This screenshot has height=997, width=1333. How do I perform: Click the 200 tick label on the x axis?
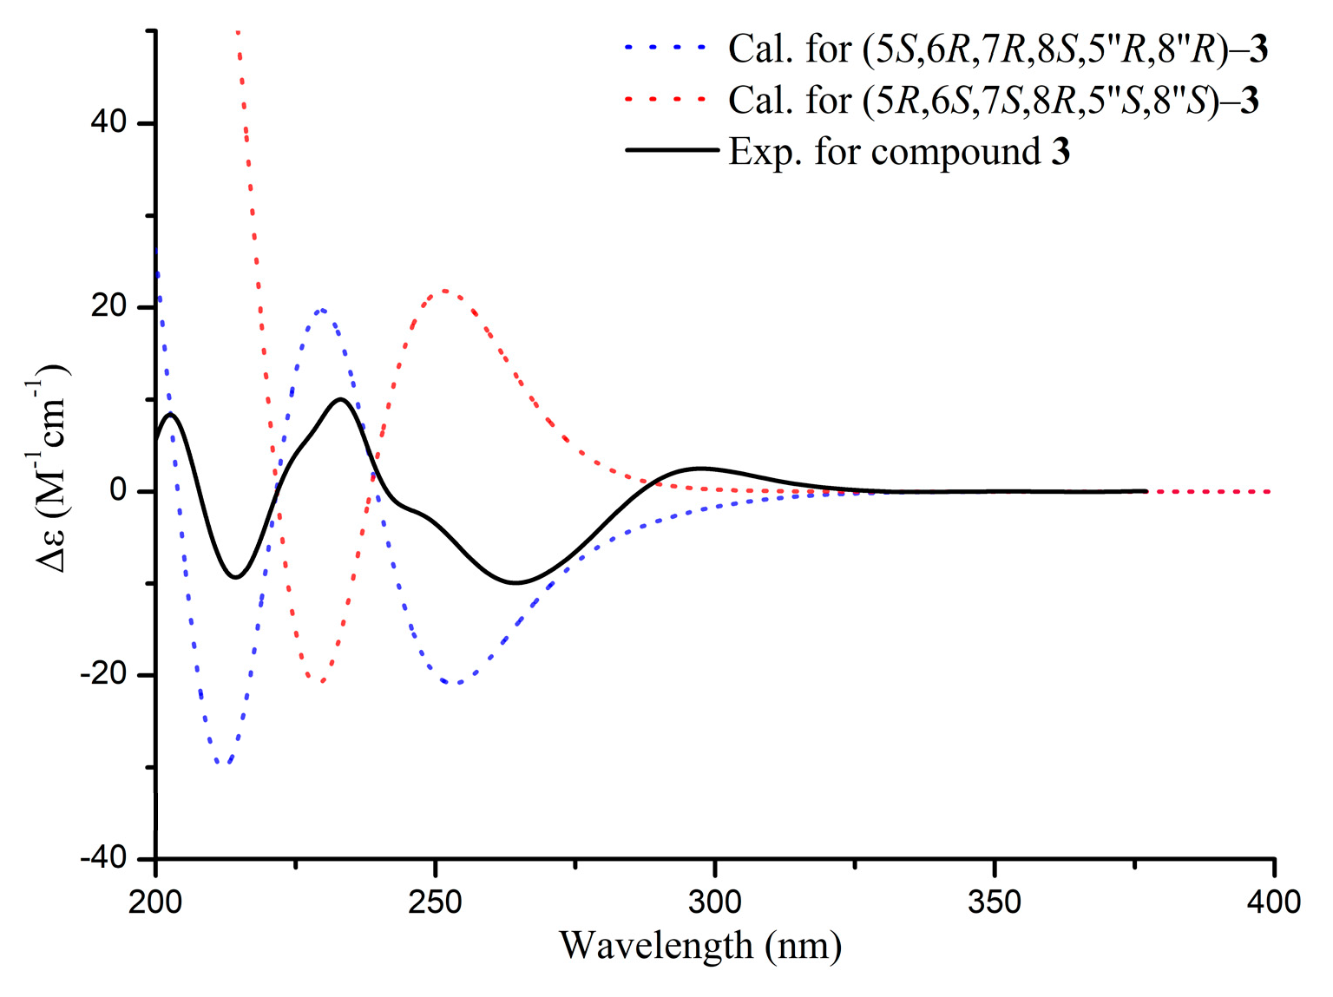154,902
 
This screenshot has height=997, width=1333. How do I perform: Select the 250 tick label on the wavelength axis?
435,902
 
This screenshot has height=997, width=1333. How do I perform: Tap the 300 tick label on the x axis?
714,902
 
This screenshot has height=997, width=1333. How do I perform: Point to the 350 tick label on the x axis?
994,902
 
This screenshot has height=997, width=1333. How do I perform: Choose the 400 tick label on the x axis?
1273,902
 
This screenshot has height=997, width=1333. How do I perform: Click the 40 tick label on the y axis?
108,123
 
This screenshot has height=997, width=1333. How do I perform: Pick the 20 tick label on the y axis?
108,307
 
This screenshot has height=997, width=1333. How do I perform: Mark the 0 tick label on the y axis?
118,491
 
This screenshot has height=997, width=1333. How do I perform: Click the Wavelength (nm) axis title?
700,946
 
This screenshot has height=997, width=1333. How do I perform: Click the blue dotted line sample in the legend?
666,48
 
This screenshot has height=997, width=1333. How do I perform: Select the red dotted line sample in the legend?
666,100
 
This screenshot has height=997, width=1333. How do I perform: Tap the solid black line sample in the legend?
673,151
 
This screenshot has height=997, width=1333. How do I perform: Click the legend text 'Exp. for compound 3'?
899,152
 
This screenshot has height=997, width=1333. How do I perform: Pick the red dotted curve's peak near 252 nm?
444,291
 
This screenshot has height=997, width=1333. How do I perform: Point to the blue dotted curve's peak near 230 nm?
322,309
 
